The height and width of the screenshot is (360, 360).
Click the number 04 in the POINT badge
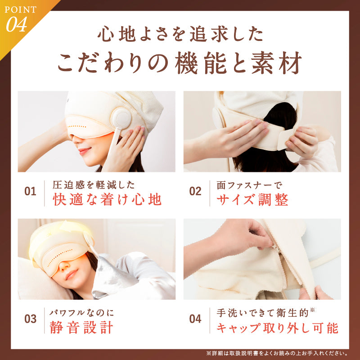(x=17, y=25)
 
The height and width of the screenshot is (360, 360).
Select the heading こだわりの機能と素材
(x=180, y=63)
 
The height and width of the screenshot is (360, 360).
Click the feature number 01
(x=30, y=191)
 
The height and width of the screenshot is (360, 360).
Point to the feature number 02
(x=195, y=191)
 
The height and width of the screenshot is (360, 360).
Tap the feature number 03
(x=30, y=319)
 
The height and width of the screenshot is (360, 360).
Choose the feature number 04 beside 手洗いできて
(x=195, y=319)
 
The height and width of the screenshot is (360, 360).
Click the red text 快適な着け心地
(x=107, y=199)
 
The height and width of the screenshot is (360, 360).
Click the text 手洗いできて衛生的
(x=263, y=312)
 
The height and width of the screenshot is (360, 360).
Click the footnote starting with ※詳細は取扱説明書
(x=276, y=353)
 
